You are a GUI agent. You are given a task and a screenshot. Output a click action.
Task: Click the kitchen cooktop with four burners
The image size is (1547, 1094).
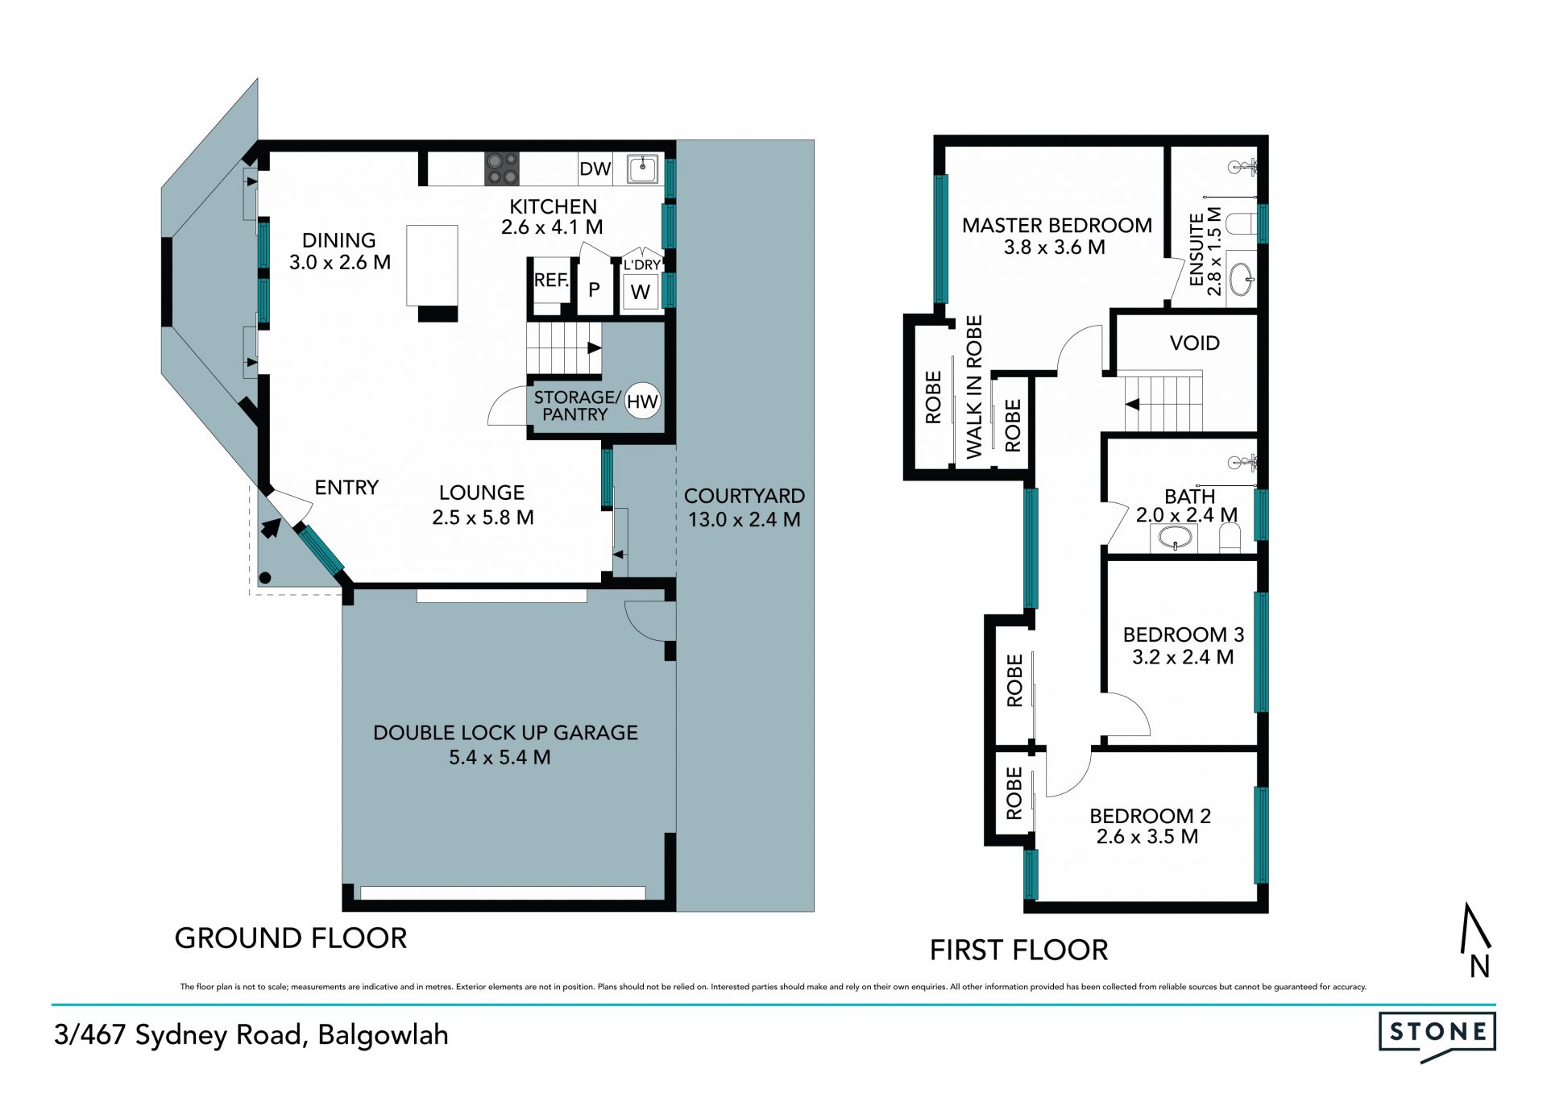pyautogui.click(x=501, y=168)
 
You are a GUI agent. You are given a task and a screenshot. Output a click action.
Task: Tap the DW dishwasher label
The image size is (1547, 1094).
pyautogui.click(x=595, y=168)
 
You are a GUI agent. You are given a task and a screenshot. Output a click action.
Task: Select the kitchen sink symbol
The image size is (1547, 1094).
pyautogui.click(x=643, y=169)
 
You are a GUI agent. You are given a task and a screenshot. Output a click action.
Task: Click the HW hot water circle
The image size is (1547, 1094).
pyautogui.click(x=642, y=401)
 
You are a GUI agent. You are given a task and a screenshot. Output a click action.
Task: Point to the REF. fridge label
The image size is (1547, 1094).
pyautogui.click(x=552, y=281)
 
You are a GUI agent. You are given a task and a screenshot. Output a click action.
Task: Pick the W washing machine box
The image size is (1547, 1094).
pyautogui.click(x=641, y=292)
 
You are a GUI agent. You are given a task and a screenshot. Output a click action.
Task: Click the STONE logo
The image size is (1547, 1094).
pyautogui.click(x=1437, y=1036)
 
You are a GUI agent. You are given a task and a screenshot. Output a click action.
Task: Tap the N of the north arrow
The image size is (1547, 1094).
pyautogui.click(x=1479, y=966)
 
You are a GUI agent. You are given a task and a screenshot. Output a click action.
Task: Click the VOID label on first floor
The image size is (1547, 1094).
pyautogui.click(x=1194, y=343)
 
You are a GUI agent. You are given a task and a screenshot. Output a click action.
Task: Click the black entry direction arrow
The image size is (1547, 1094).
pyautogui.click(x=271, y=528)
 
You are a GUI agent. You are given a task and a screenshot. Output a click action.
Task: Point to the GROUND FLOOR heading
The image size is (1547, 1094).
pyautogui.click(x=291, y=938)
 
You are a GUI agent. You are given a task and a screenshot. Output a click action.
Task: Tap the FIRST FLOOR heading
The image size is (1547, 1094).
pyautogui.click(x=1019, y=950)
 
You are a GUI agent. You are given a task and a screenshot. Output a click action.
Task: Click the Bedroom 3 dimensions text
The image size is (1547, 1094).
pyautogui.click(x=1183, y=657)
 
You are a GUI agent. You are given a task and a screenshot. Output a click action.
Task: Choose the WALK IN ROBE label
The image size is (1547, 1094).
pyautogui.click(x=974, y=387)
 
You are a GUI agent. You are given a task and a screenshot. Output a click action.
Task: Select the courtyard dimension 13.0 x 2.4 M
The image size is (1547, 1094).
pyautogui.click(x=744, y=520)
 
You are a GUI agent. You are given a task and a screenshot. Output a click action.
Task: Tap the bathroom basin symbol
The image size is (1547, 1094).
pyautogui.click(x=1176, y=538)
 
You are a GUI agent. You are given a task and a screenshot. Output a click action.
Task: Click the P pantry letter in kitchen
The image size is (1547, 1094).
pyautogui.click(x=594, y=289)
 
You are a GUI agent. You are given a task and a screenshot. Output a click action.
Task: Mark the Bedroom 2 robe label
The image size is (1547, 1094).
pyautogui.click(x=1014, y=793)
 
